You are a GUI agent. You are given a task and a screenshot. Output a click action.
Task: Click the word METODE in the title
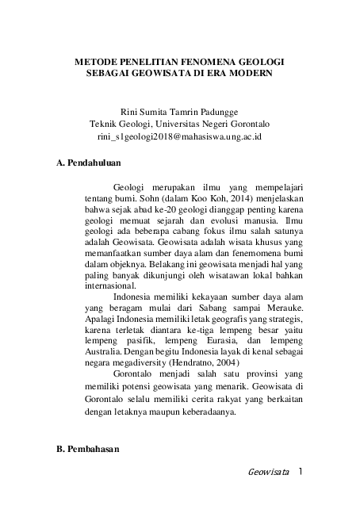point(98,60)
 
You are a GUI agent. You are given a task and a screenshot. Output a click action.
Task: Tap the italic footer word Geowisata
point(269,473)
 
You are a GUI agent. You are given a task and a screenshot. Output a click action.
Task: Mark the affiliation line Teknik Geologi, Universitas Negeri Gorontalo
point(179,124)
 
